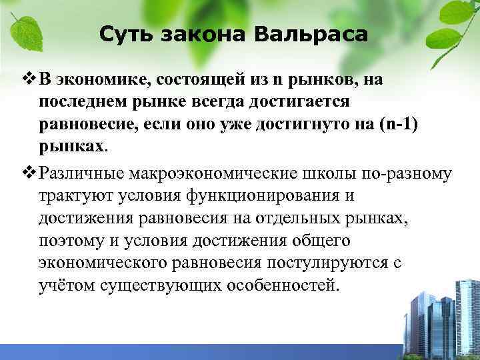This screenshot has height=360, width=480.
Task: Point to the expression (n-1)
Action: tap(403, 125)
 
